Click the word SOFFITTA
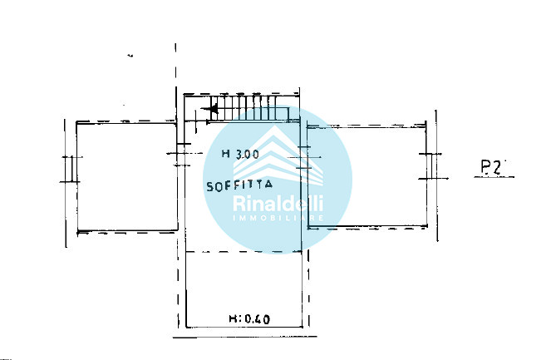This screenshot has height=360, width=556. [239, 185]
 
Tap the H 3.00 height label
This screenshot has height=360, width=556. [240, 154]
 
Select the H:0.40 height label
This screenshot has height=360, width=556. [249, 318]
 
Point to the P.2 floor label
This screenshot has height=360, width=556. [491, 167]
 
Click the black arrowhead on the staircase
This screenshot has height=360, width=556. [214, 109]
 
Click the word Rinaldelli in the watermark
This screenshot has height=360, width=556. [278, 204]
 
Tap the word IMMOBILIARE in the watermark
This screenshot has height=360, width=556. [278, 218]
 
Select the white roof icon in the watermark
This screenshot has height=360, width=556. [278, 156]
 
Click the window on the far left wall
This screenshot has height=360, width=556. [71, 169]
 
